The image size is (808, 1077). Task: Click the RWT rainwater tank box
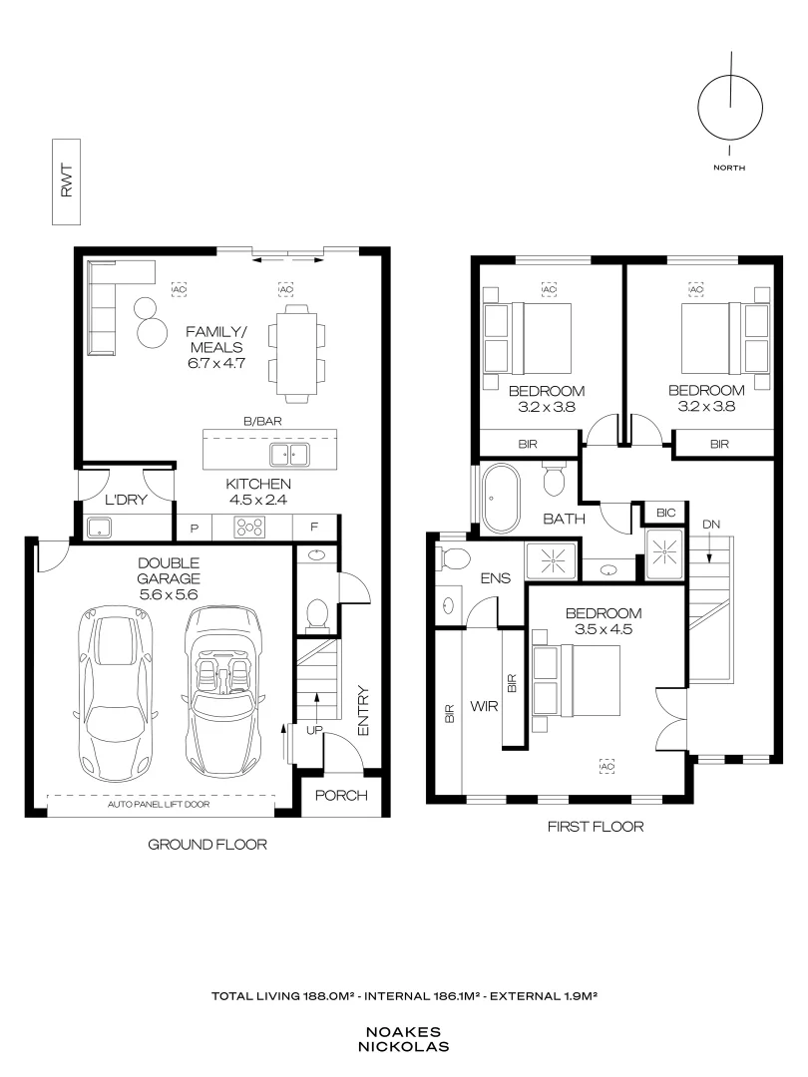point(66,182)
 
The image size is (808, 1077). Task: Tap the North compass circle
point(698,109)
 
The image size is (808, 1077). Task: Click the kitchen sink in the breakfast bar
point(289,455)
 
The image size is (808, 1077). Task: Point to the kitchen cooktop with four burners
point(249,527)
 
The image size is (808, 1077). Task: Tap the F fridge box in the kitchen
point(315,528)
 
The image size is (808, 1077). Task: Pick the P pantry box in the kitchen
point(195,528)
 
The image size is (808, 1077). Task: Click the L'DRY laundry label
point(126,500)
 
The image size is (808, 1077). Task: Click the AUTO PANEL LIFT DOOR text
point(159,805)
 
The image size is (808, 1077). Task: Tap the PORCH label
point(341,796)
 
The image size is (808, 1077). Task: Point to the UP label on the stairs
point(314,731)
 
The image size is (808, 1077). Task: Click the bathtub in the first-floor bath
point(500,499)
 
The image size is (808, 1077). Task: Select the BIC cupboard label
point(665,514)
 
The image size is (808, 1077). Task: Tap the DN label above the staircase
point(711,525)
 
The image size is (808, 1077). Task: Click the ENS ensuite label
point(496,578)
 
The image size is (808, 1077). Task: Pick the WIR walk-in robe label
point(484,706)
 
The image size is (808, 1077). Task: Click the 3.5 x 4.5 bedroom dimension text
point(604,629)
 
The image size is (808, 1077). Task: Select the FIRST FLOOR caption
point(596,827)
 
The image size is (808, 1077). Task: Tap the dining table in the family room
point(297,352)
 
